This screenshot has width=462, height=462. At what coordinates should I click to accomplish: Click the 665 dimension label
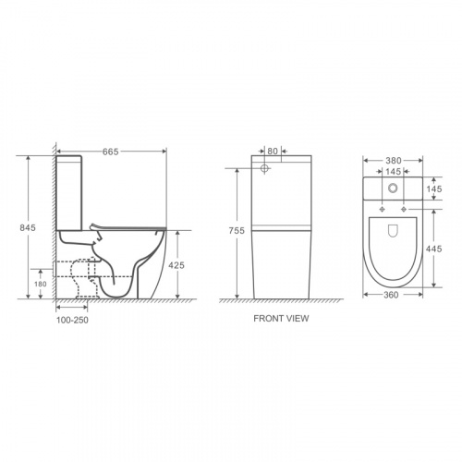(111, 152)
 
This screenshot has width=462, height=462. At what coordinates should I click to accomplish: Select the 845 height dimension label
(28, 227)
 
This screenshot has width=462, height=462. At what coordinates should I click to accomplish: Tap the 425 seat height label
(176, 265)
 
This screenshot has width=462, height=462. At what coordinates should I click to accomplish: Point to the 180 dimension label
(41, 284)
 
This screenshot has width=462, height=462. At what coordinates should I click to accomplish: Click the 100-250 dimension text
(72, 320)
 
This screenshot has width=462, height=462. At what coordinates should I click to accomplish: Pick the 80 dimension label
(273, 151)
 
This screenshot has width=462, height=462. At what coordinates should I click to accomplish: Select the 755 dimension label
(237, 230)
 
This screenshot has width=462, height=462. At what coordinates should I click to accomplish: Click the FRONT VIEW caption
(281, 319)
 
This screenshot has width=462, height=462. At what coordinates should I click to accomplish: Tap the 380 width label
(394, 161)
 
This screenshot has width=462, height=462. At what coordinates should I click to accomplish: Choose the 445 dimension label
(434, 249)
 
